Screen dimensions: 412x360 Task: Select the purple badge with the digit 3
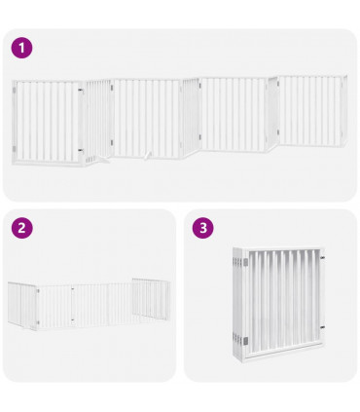(x=202, y=228)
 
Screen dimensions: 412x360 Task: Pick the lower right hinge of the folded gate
(x=325, y=337)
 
